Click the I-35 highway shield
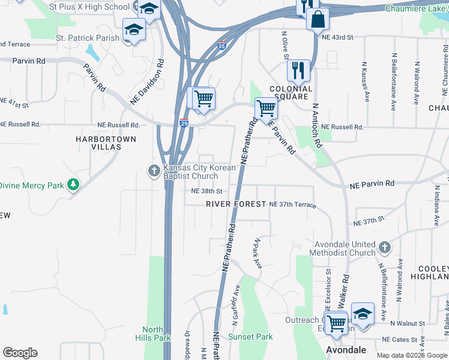222,46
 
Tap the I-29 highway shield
183,123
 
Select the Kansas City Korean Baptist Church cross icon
154,172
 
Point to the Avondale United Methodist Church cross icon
385,247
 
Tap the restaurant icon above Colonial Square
298,71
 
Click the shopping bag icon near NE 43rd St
318,19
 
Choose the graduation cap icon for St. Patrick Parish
134,30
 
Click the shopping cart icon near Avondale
336,323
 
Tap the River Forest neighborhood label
236,204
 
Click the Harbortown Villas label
106,143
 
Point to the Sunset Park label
250,337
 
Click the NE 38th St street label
206,191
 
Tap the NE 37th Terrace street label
292,205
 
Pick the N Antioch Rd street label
316,125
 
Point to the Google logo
20,353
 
